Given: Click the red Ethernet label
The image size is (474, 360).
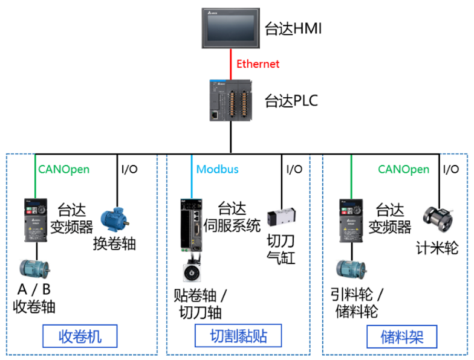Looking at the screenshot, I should (x=258, y=64).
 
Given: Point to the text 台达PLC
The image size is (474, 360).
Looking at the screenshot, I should (x=291, y=100).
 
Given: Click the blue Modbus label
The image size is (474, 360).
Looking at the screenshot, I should (x=217, y=169).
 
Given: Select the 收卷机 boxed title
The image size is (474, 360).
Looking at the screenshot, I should (x=79, y=336).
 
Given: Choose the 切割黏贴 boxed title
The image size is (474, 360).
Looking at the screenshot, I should (x=238, y=336).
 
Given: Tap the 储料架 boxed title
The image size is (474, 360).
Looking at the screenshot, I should (x=401, y=336).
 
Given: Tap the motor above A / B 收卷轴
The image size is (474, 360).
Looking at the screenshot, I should (x=34, y=269).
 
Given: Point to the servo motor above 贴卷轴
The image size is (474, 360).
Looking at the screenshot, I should (x=193, y=272).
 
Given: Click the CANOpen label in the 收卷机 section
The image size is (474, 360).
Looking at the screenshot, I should (x=63, y=169).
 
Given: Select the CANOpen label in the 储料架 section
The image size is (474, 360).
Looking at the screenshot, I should (x=403, y=169).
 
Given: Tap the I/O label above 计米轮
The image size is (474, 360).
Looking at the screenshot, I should (x=451, y=169).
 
